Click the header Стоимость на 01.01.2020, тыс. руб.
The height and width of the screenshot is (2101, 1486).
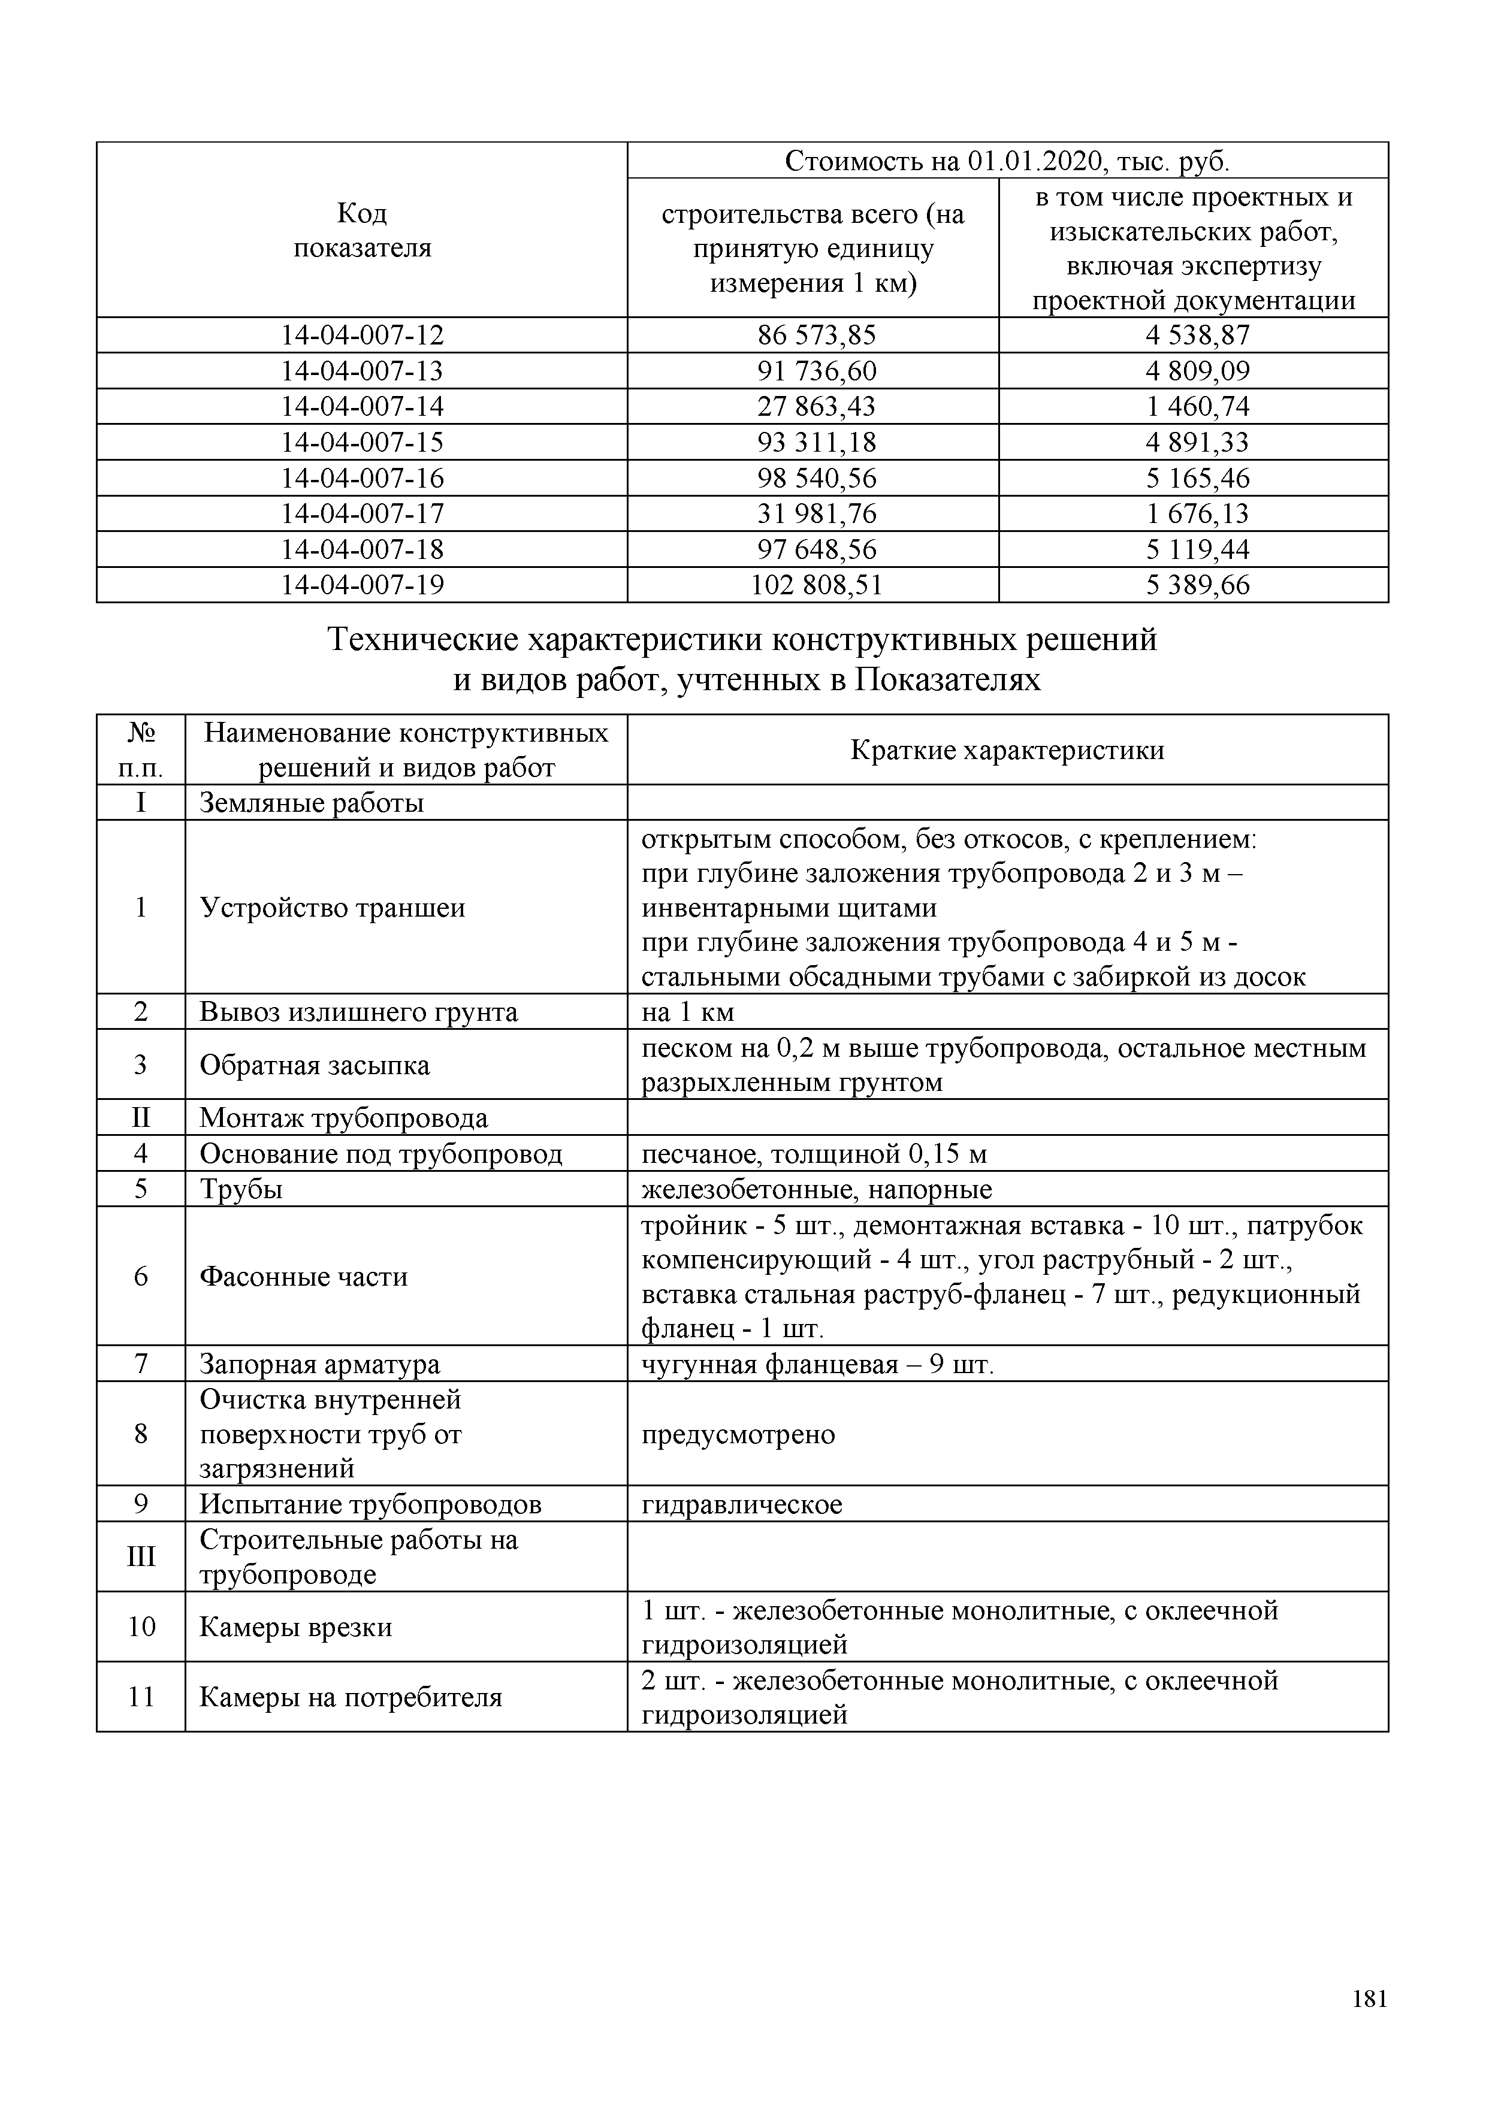click(x=1007, y=161)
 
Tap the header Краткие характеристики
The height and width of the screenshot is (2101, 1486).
click(x=1007, y=749)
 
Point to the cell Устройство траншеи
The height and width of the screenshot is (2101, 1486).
click(x=332, y=907)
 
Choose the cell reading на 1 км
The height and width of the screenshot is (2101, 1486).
click(x=687, y=1012)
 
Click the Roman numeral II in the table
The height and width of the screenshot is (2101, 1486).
click(x=140, y=1117)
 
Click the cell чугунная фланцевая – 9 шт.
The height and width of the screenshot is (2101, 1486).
click(x=817, y=1364)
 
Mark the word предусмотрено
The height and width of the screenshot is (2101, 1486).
click(x=738, y=1434)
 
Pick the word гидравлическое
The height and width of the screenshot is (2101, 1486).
click(x=741, y=1504)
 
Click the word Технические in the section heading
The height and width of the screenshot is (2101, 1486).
click(x=425, y=639)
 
